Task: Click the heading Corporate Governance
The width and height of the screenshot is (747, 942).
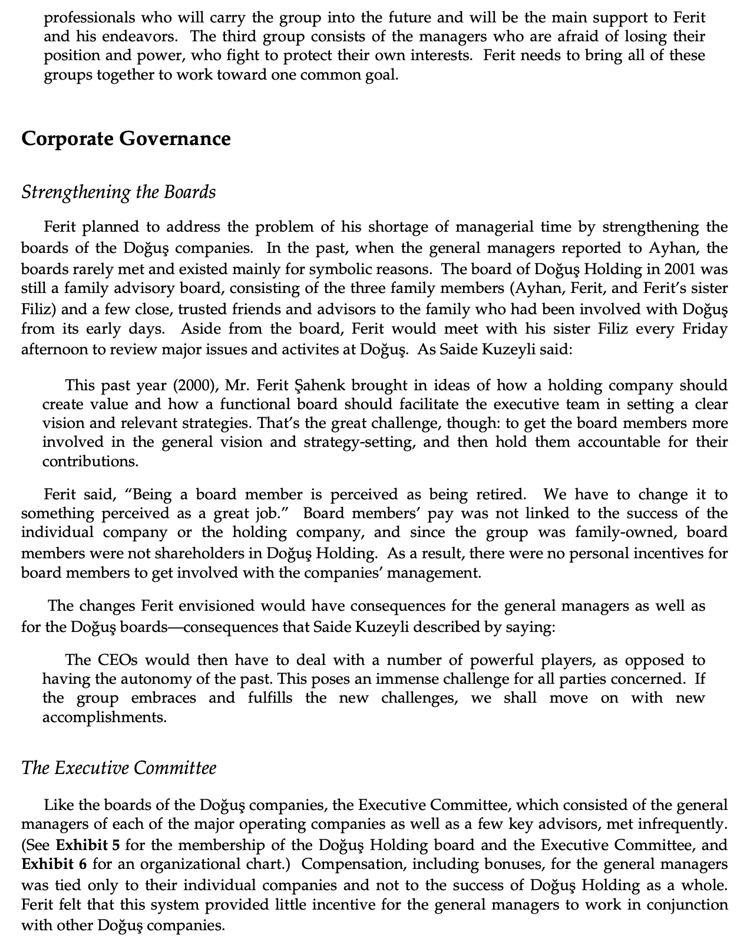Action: (x=125, y=139)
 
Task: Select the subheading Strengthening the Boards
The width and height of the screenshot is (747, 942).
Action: (x=118, y=193)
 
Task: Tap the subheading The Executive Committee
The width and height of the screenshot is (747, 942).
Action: (x=118, y=768)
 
